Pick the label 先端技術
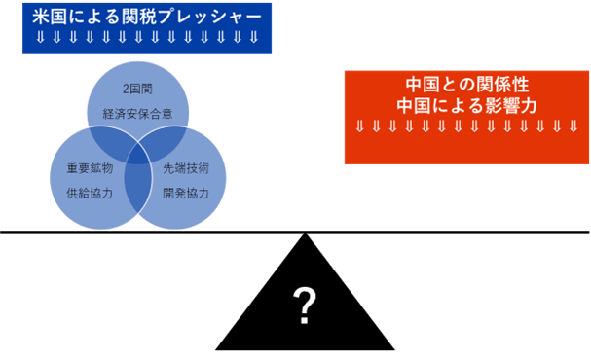tap(186, 168)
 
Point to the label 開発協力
tap(186, 193)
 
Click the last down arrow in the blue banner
tap(254, 38)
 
